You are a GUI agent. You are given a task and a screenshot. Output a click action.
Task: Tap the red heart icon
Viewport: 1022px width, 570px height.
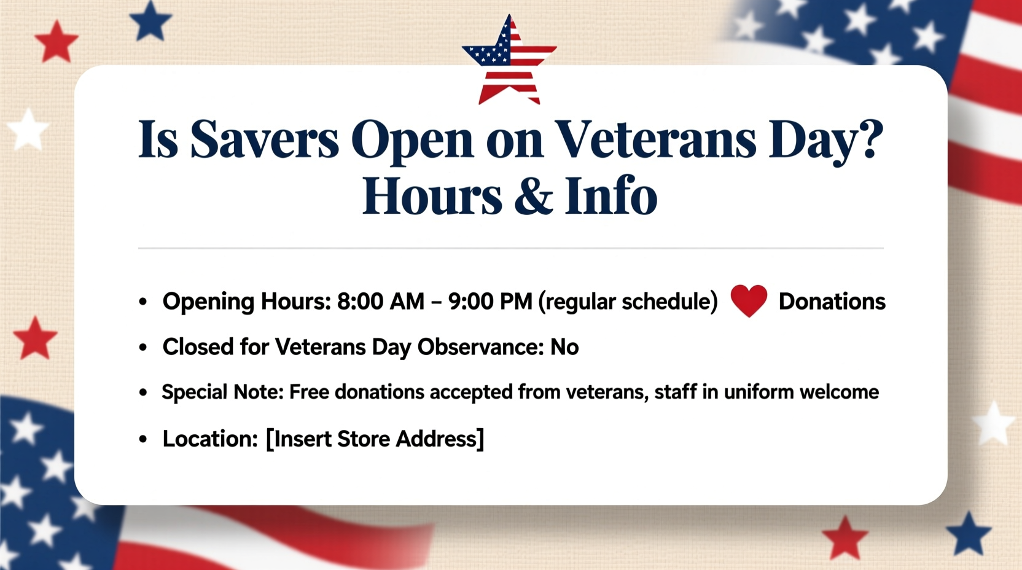[749, 300]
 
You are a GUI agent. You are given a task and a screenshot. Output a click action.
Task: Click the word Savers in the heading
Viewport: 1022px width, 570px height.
[264, 140]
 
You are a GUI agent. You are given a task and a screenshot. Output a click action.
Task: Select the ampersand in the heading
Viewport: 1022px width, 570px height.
[533, 196]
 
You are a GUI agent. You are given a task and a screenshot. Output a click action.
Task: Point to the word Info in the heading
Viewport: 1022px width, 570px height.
[610, 196]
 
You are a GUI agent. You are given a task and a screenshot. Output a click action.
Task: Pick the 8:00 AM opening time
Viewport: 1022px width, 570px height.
[381, 302]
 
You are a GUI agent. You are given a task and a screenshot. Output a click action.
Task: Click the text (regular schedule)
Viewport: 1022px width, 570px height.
[628, 302]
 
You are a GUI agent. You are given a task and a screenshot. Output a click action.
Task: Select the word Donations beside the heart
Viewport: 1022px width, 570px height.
[832, 302]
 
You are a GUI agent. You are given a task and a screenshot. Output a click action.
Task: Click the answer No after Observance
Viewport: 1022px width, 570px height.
[564, 347]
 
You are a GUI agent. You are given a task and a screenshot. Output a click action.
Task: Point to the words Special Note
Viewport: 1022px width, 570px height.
[222, 392]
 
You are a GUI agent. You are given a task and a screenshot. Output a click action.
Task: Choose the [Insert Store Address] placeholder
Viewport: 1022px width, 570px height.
[375, 439]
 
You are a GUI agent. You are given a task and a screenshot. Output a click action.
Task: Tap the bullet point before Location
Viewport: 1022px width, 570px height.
[143, 439]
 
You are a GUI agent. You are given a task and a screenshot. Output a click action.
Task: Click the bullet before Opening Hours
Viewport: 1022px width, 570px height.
[143, 302]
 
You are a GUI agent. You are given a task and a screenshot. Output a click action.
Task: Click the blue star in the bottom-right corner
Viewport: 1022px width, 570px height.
[969, 533]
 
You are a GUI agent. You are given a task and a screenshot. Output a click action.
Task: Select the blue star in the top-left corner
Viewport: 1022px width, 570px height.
[150, 21]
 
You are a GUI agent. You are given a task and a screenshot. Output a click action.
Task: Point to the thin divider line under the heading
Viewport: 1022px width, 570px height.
[510, 248]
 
